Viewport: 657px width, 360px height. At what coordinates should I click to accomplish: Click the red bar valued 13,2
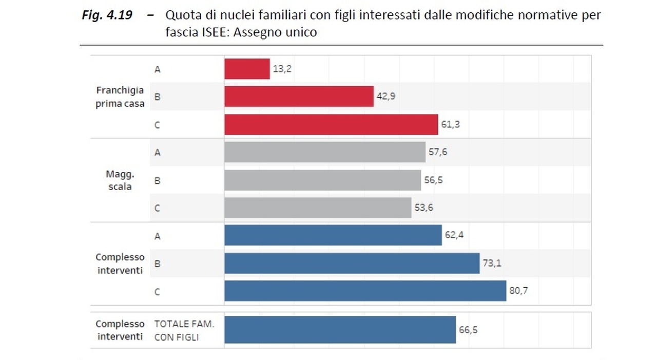pos(247,69)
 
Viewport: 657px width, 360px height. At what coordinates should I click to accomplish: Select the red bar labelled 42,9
pos(299,97)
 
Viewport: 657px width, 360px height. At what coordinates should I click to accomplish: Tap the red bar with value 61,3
pos(331,124)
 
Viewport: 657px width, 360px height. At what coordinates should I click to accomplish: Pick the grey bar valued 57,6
pos(325,152)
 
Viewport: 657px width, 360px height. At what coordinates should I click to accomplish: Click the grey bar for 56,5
pos(322,180)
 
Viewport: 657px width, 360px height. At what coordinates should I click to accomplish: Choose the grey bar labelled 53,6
pos(318,208)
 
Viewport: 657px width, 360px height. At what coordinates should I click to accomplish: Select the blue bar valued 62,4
pos(333,235)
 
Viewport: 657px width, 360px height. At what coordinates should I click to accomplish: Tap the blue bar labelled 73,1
pos(352,263)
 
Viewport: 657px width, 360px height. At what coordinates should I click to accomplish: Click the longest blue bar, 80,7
pos(365,291)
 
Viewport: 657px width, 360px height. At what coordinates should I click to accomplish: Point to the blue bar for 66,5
pos(340,330)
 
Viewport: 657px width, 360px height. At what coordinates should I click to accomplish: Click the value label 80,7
pos(518,291)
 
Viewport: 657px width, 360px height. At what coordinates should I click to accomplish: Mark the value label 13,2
pos(282,69)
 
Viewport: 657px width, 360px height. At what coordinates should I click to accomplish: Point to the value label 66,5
pos(468,330)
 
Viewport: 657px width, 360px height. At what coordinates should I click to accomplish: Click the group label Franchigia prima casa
pos(120,97)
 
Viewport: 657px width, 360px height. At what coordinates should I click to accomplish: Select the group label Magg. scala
pos(120,180)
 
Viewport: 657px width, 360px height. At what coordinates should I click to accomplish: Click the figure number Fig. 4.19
pos(107,15)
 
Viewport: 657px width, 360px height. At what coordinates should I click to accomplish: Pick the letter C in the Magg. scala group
pos(157,208)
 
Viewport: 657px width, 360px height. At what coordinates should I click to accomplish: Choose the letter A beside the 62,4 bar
pos(157,236)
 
